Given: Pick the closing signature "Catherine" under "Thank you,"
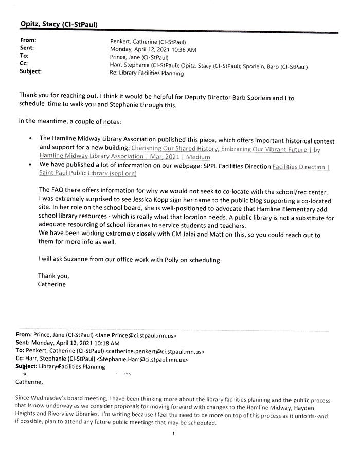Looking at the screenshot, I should (x=51, y=283).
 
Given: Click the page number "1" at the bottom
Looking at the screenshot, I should (x=174, y=434).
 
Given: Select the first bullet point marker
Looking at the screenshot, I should (x=32, y=139).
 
